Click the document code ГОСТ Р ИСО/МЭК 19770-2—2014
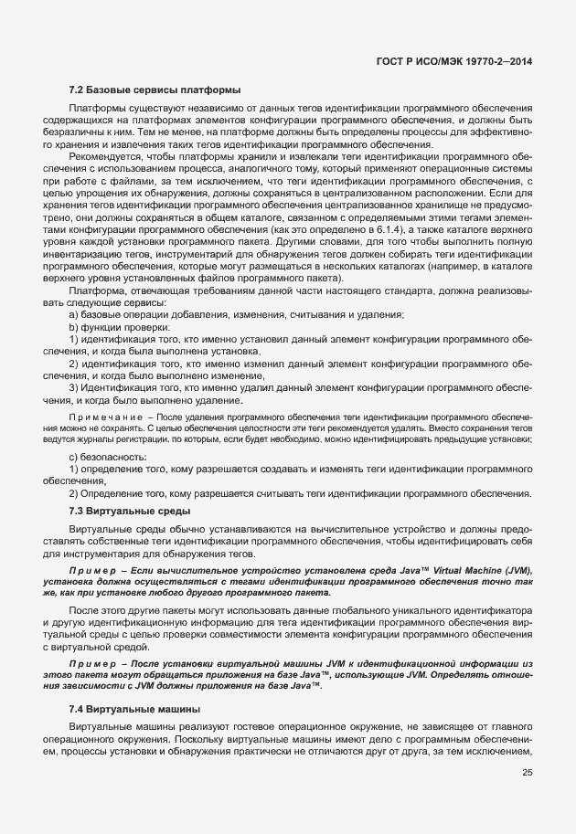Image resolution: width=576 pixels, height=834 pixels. coord(453,60)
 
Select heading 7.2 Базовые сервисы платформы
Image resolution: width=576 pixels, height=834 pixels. coord(155,90)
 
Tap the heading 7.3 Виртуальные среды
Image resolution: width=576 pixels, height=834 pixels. coord(130,510)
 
